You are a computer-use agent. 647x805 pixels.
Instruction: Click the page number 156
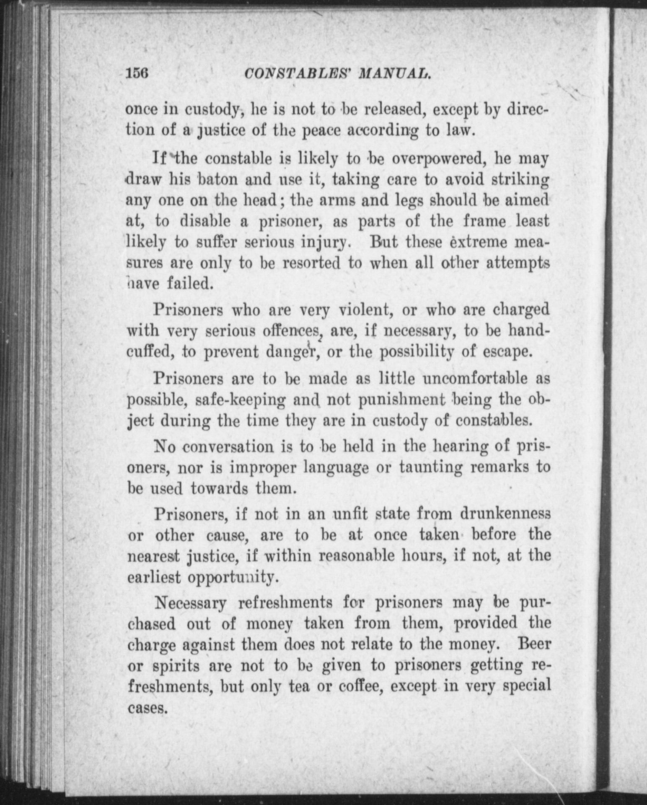click(x=137, y=74)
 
